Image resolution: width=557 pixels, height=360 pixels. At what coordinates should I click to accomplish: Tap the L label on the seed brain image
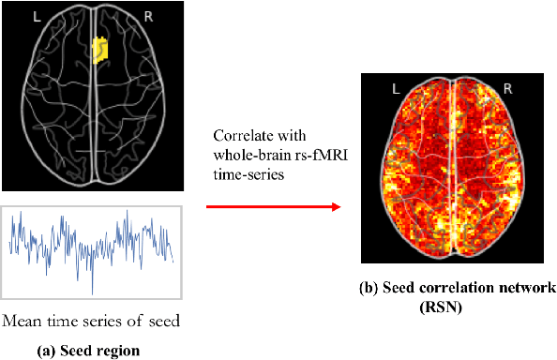(x=35, y=17)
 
